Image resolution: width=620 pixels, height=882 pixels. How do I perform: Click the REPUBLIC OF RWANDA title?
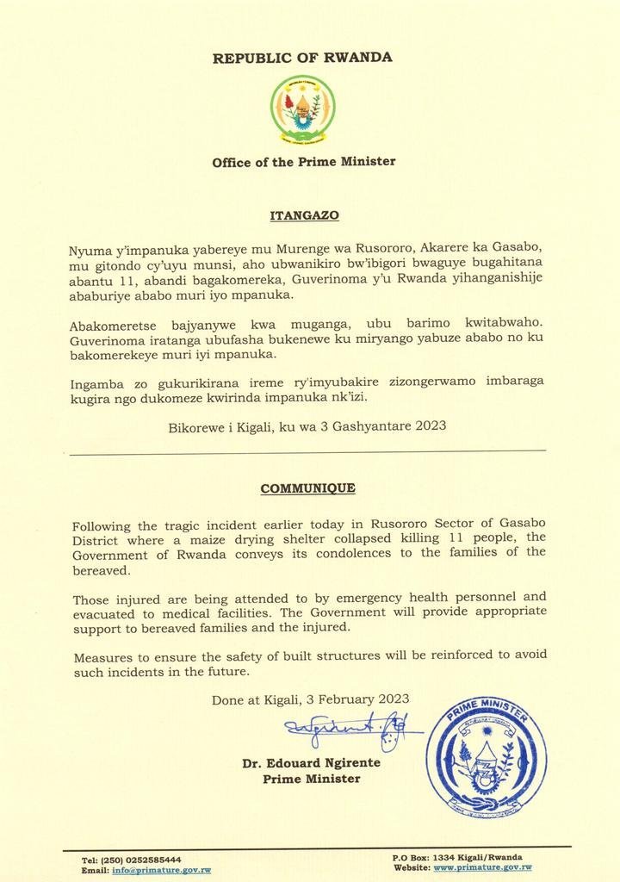point(302,58)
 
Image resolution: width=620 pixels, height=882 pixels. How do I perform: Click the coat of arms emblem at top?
point(303,109)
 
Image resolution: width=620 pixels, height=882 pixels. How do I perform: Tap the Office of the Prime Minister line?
point(304,161)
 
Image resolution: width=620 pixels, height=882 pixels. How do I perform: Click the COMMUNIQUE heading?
point(307,488)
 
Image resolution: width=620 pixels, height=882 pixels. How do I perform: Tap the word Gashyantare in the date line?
point(378,425)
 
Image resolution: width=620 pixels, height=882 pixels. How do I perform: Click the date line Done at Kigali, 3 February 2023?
point(311,699)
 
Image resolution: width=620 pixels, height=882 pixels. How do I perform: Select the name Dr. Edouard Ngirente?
point(311,763)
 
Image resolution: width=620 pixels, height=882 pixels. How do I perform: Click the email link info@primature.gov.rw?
point(162,870)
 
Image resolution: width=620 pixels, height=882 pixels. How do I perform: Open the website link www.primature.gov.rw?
point(482,867)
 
